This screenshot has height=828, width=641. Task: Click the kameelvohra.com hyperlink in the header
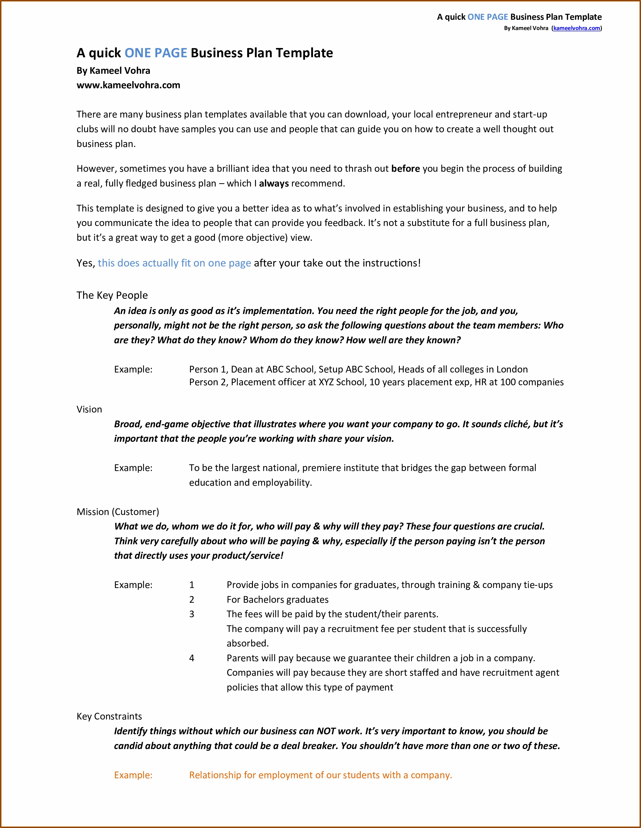(576, 28)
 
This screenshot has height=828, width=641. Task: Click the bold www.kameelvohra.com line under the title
(128, 85)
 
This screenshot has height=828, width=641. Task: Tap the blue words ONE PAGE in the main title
(156, 53)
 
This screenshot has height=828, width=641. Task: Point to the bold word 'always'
(274, 183)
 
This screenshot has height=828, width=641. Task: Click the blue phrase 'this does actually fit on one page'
(174, 263)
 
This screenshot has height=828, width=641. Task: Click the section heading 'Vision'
(89, 409)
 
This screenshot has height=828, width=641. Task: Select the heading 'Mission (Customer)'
(118, 512)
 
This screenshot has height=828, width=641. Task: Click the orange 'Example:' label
(133, 775)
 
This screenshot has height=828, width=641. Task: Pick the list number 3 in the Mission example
(192, 614)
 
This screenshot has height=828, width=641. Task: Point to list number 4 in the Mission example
(192, 658)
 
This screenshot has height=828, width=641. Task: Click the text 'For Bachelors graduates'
(277, 600)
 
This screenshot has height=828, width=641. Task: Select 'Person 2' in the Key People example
(208, 382)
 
